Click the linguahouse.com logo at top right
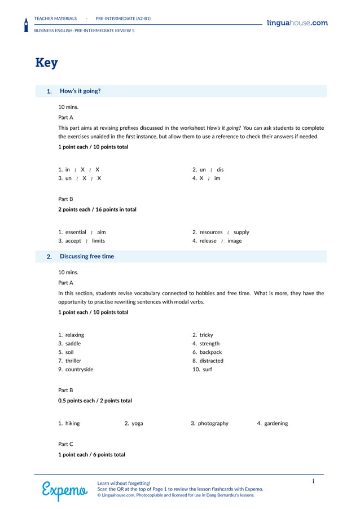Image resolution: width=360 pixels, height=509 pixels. coord(297,23)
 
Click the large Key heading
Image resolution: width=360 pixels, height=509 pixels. coord(46,63)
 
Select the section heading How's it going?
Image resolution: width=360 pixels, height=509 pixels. coord(80,91)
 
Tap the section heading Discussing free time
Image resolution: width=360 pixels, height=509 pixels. coord(86,256)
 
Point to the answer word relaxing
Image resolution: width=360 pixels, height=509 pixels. coord(74,335)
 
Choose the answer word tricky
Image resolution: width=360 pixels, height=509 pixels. coord(206,335)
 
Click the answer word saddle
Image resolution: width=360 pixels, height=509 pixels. coord(73,344)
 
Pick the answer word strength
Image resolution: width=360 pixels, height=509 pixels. coord(209,344)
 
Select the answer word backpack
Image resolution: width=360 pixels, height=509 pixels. coord(210,352)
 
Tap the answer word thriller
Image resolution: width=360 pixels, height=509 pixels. coord(73,361)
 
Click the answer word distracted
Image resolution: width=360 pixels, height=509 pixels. coord(211,361)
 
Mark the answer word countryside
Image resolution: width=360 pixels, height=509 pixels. coord(79,370)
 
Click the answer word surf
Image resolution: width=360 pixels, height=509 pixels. coord(207,370)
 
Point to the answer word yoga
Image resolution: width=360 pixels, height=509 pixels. coord(137,423)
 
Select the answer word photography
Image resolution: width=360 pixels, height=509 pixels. coord(213,423)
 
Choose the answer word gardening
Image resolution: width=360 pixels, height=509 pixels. coord(276,423)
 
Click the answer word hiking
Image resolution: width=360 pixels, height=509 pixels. coord(72,423)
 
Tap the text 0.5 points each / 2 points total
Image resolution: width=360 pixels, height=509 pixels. coord(95,401)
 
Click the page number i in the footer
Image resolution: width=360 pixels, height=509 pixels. coord(313,481)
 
